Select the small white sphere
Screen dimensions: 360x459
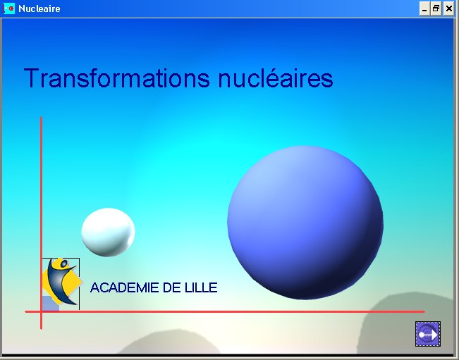click(108, 232)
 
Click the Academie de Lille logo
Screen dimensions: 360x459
click(61, 283)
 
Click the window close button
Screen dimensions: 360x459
click(448, 8)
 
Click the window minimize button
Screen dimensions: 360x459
click(424, 8)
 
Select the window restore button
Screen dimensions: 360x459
click(436, 8)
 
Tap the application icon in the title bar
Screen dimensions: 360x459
click(9, 8)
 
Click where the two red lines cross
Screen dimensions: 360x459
click(42, 311)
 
